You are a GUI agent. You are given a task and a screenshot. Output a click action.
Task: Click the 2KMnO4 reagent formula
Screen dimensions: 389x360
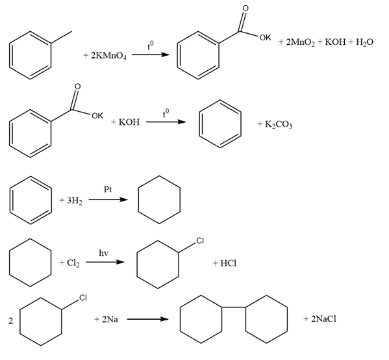click(x=108, y=56)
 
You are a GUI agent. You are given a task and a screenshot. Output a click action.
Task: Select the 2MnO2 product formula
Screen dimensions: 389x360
click(x=300, y=42)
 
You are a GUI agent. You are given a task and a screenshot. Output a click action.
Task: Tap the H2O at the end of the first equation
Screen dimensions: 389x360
click(x=364, y=42)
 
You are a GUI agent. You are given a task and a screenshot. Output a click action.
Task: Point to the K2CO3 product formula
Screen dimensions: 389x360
click(x=279, y=124)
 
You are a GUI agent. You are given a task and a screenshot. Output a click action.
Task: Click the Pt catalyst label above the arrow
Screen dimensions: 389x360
click(x=108, y=190)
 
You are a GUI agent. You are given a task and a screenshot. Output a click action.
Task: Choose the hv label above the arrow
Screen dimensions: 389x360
click(x=104, y=253)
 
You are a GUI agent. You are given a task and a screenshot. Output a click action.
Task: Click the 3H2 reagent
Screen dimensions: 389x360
click(x=75, y=201)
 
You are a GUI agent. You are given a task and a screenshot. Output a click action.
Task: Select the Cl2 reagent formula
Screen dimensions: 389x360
click(x=73, y=263)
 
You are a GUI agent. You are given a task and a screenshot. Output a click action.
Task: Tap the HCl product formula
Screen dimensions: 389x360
click(x=228, y=263)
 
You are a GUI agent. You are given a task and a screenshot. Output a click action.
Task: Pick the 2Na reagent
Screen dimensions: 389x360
click(x=110, y=319)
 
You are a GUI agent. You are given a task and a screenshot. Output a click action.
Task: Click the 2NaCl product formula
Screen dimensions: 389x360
click(x=324, y=319)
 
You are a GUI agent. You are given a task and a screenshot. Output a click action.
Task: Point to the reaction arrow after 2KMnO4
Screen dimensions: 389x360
click(x=151, y=55)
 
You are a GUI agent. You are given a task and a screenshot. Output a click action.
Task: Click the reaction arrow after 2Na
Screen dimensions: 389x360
click(x=148, y=319)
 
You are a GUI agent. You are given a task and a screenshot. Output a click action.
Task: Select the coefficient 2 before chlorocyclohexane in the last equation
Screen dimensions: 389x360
click(x=10, y=321)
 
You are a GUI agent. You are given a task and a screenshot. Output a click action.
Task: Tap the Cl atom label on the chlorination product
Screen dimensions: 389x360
click(x=200, y=240)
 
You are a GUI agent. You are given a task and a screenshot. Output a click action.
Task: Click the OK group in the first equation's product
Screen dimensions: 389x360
click(x=265, y=38)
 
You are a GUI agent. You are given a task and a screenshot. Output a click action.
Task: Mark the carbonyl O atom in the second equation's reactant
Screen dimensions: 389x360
click(x=78, y=86)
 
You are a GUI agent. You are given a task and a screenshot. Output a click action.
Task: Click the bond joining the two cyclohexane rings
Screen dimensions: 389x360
click(x=233, y=307)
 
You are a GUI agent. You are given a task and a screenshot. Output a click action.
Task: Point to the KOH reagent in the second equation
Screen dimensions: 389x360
click(x=129, y=122)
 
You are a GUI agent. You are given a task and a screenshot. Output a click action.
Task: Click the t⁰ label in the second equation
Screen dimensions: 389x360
click(x=166, y=113)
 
